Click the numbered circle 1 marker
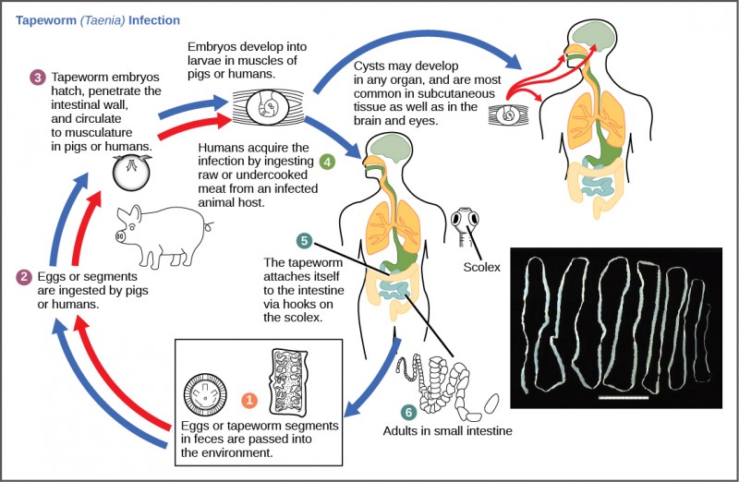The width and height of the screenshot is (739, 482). [249, 400]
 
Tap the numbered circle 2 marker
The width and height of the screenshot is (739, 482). [24, 276]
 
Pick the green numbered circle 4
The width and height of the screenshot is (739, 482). [327, 162]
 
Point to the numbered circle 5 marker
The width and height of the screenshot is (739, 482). [304, 240]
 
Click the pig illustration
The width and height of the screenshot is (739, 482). [163, 236]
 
